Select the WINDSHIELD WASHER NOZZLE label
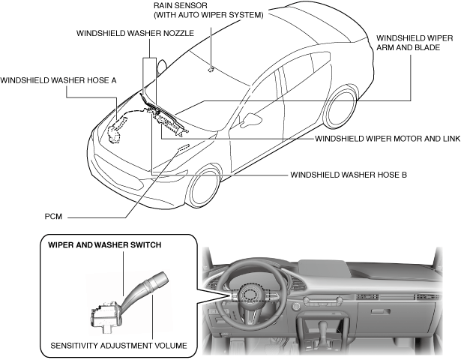(x=135, y=33)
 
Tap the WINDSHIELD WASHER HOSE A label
(x=58, y=80)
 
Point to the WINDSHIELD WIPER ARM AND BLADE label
(x=415, y=43)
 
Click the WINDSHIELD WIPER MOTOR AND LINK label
(x=388, y=139)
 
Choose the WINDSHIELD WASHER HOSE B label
(x=349, y=175)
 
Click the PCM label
(x=53, y=217)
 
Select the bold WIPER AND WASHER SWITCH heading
(x=105, y=245)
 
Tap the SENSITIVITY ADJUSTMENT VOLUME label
(x=118, y=345)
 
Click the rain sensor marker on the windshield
(x=211, y=70)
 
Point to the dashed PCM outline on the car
(x=183, y=147)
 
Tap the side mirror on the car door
(x=250, y=120)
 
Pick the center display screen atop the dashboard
(x=323, y=268)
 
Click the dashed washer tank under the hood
(x=117, y=130)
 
